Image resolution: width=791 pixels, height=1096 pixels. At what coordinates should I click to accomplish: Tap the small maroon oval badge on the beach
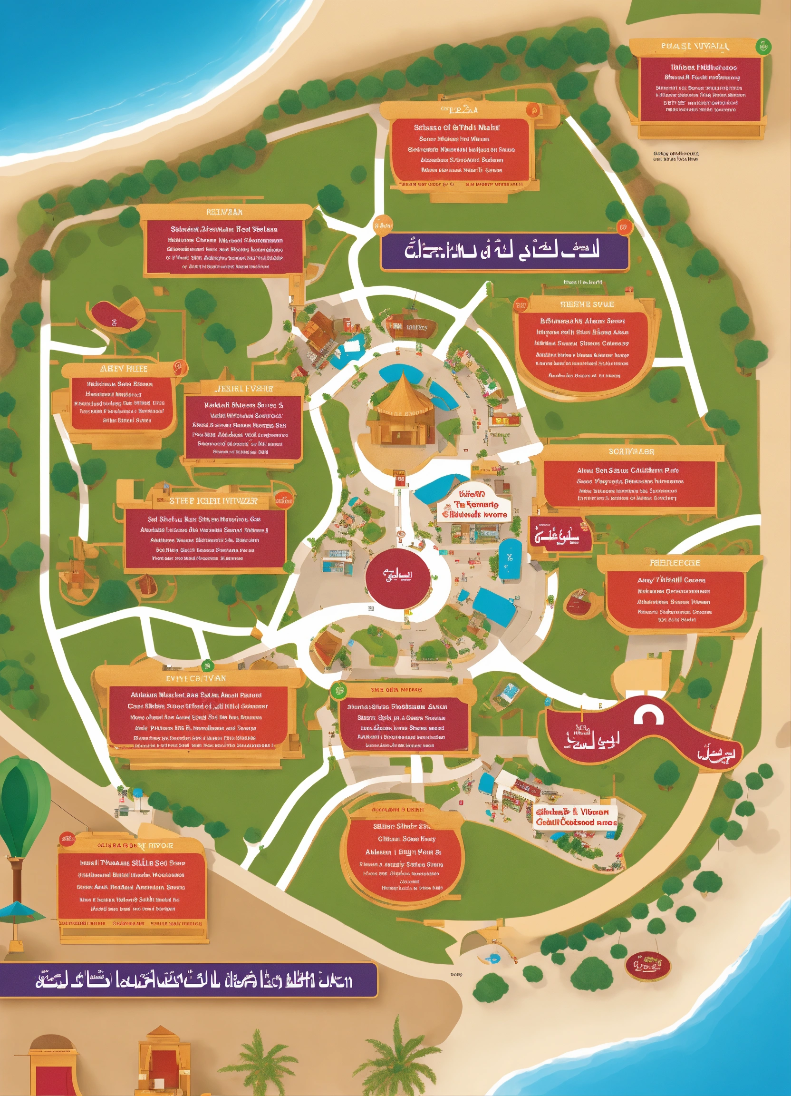(647, 966)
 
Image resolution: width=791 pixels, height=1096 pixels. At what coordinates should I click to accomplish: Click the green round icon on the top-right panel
(763, 47)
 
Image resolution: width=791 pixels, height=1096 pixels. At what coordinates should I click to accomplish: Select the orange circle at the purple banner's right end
(623, 226)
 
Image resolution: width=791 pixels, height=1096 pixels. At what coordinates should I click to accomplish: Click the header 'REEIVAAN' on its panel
(224, 212)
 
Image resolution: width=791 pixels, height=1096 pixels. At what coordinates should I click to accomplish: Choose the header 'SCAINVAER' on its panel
(631, 451)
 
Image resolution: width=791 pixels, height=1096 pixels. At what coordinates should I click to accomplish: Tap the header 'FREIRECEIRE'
(675, 563)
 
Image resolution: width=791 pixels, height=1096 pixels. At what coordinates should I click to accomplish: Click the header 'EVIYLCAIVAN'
(195, 678)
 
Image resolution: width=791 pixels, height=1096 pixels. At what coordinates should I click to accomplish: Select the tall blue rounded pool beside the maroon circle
(510, 558)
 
